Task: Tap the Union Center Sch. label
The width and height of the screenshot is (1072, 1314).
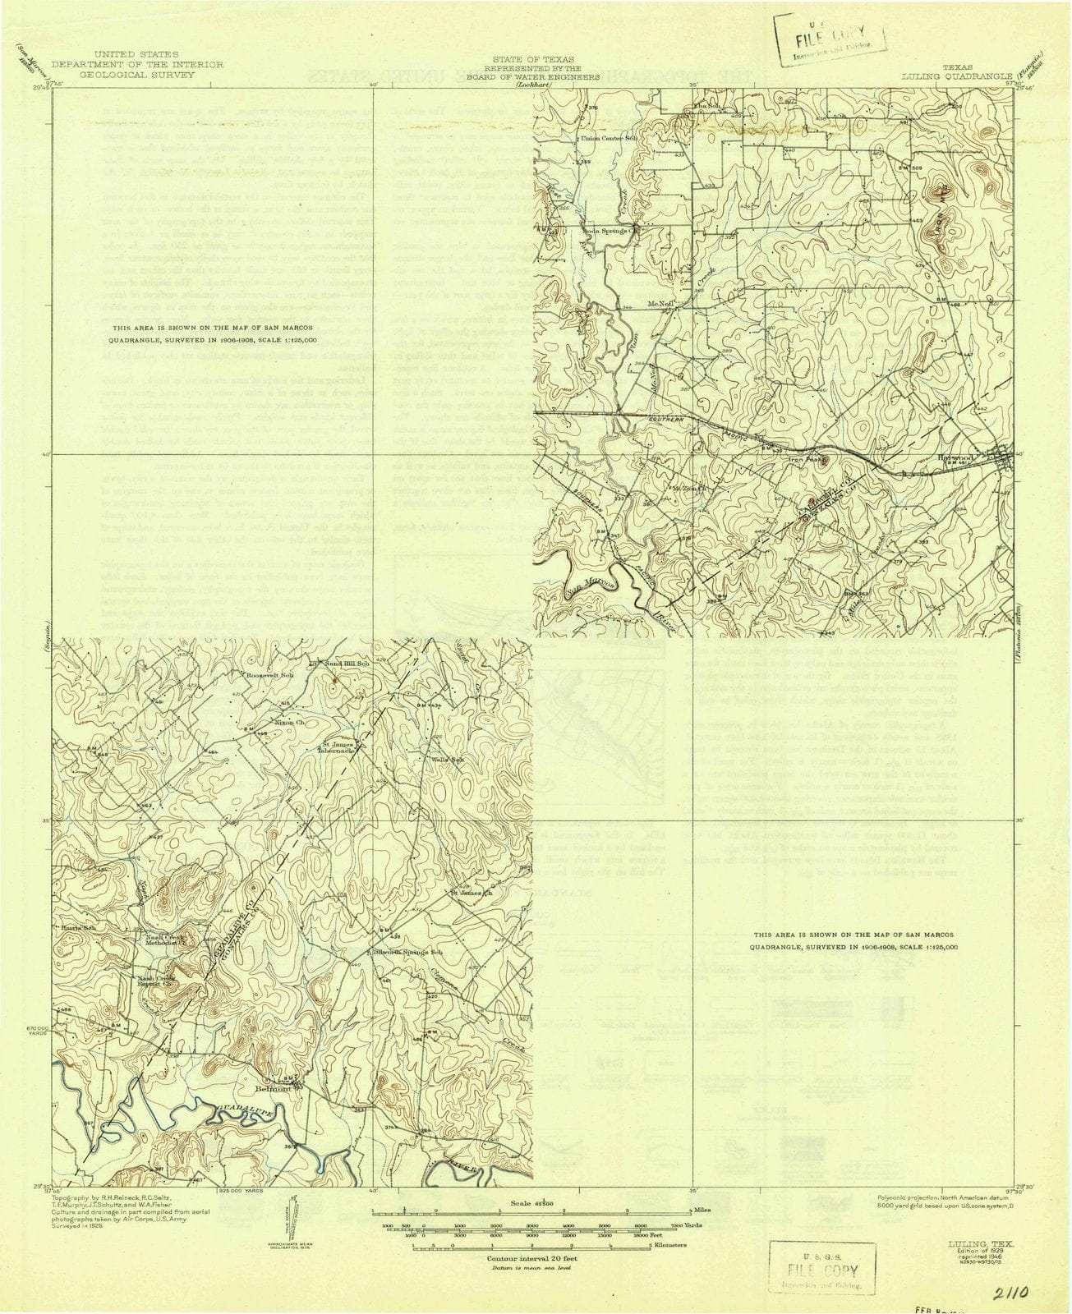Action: (x=610, y=138)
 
